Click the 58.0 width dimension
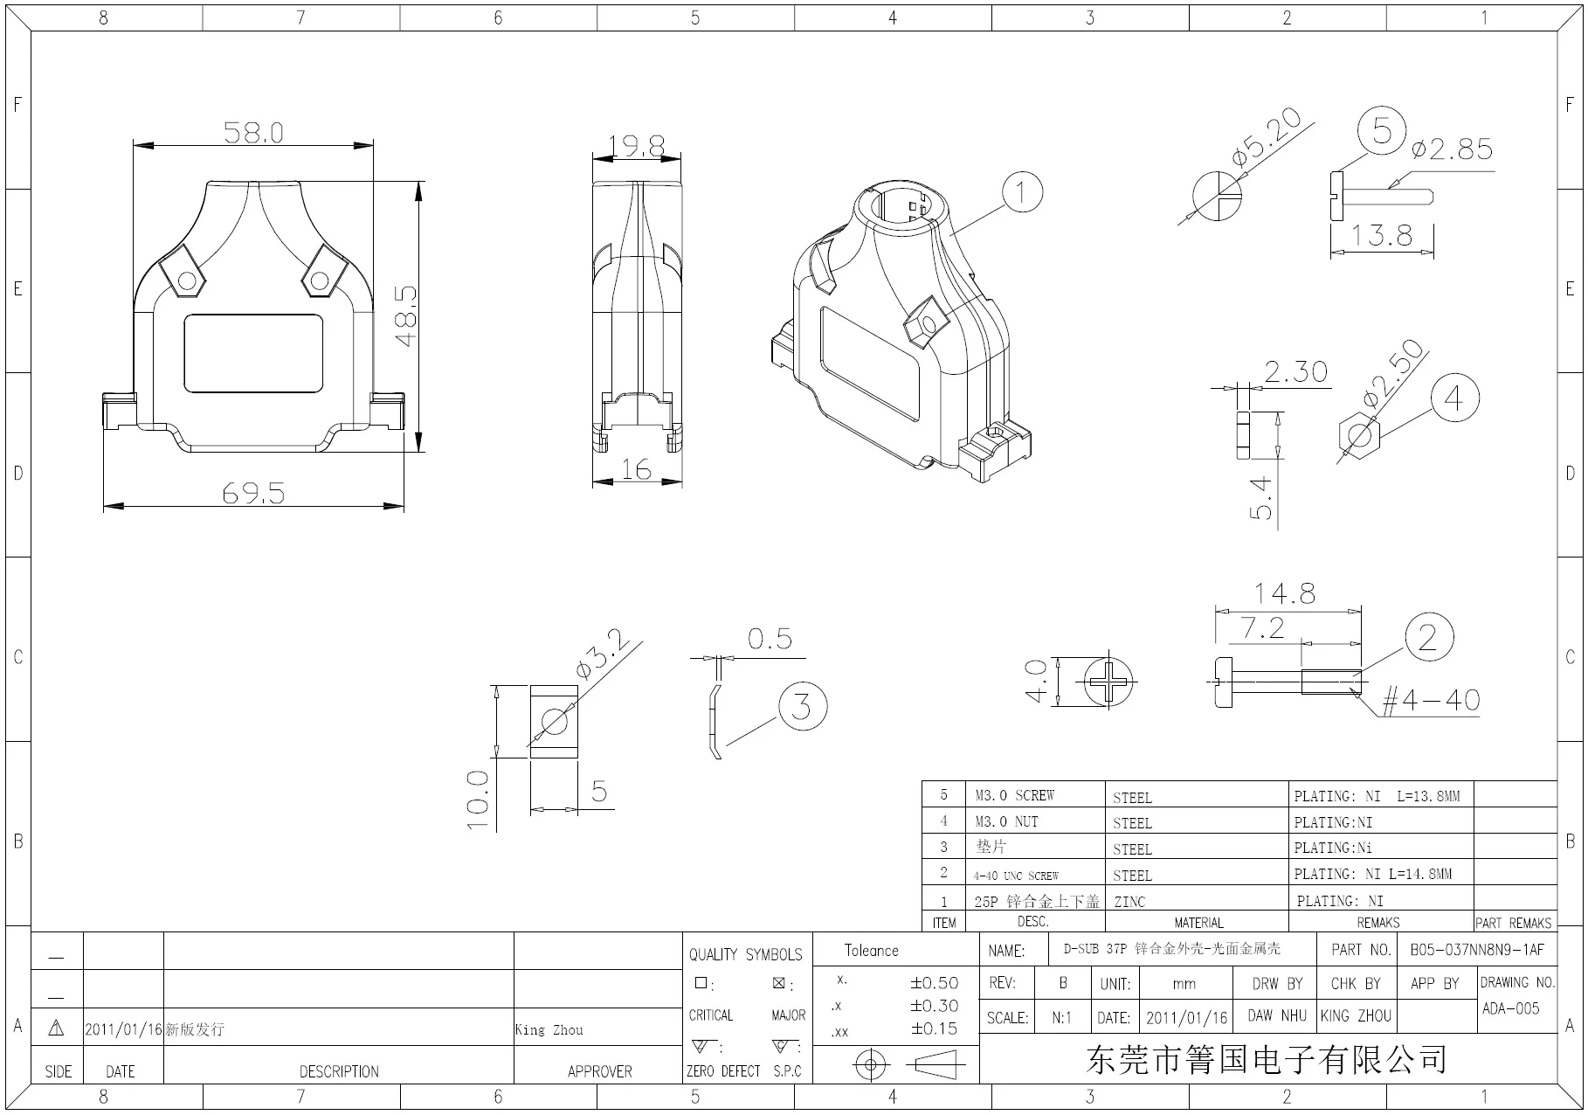point(253,133)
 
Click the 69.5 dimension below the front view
point(253,494)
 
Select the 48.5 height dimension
point(406,316)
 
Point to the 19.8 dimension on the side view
point(637,145)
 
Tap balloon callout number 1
point(1022,192)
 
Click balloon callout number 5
point(1381,131)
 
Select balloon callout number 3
point(801,706)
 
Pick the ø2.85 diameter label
point(1452,149)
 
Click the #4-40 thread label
point(1431,700)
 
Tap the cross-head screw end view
point(1108,682)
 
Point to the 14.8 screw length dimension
point(1284,594)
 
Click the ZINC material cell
point(1130,901)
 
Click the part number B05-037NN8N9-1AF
point(1477,950)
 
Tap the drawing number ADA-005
point(1510,1008)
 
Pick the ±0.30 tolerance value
point(934,1006)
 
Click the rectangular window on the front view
point(253,354)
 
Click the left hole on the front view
point(187,280)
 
